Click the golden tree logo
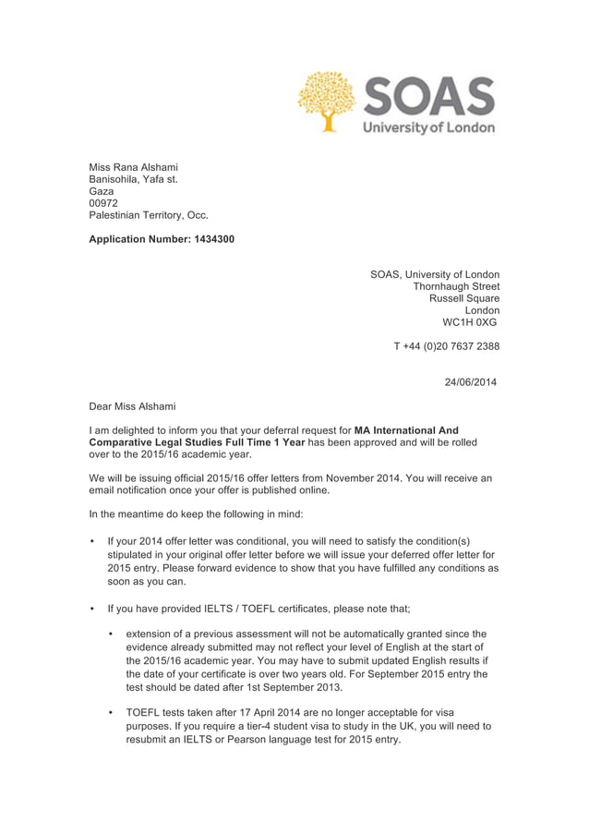click(x=327, y=101)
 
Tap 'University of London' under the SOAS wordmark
click(x=428, y=127)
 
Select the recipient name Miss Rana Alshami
click(x=133, y=167)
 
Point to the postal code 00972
click(x=103, y=203)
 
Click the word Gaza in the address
click(x=102, y=191)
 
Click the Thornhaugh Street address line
click(x=456, y=286)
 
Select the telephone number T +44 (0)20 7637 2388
click(x=446, y=346)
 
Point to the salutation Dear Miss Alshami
click(x=132, y=405)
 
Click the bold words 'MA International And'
click(x=406, y=430)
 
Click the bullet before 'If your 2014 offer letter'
click(x=92, y=541)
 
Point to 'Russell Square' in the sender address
click(x=464, y=298)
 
